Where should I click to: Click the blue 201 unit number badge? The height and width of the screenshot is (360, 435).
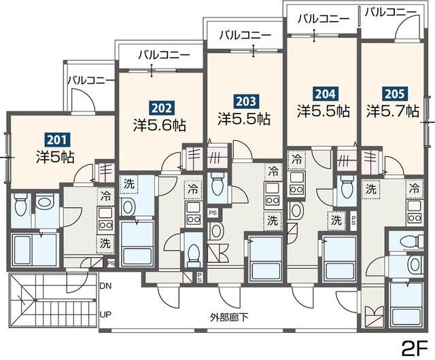(x=57, y=140)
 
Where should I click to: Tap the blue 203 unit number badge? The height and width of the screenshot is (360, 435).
(x=246, y=101)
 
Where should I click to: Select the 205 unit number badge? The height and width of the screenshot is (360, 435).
(x=394, y=94)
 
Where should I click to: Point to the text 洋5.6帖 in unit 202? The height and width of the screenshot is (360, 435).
(x=160, y=126)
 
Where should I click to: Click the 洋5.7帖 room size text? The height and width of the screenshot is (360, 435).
(x=392, y=111)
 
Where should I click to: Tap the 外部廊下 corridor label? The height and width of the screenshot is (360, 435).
(x=229, y=317)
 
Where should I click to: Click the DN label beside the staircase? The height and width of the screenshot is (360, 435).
(x=105, y=286)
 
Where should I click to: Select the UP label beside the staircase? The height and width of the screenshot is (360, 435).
(x=105, y=314)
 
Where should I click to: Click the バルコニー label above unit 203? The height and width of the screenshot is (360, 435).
(x=245, y=35)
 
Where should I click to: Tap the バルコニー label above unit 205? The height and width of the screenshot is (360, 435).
(x=390, y=12)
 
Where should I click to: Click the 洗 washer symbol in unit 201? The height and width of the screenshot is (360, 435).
(x=105, y=244)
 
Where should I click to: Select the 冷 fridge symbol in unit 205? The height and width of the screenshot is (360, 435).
(x=415, y=189)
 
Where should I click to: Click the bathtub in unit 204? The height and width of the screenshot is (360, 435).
(x=341, y=259)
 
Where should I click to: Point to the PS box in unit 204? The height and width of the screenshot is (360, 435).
(x=353, y=221)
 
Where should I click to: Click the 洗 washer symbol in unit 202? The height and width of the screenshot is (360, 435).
(x=128, y=184)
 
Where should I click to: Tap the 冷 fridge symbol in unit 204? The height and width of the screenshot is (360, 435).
(x=296, y=160)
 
